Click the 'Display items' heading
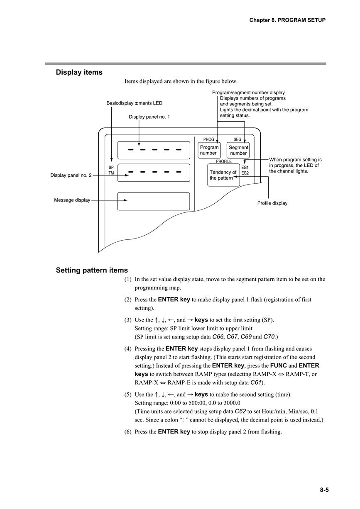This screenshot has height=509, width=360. click(x=79, y=72)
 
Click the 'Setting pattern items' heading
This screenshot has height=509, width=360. click(x=92, y=270)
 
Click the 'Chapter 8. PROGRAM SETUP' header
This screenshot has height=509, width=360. click(x=287, y=20)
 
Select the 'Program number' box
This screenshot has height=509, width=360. click(x=209, y=150)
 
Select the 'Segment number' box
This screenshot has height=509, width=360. click(x=238, y=150)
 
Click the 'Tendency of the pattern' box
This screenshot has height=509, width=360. click(x=223, y=175)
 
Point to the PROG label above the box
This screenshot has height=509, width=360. click(x=208, y=139)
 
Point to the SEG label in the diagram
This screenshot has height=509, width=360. click(x=237, y=139)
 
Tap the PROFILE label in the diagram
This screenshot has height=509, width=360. click(x=224, y=161)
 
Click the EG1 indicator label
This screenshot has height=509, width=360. click(x=245, y=168)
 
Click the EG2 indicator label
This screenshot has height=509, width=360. click(x=245, y=173)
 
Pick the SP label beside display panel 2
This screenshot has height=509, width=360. click(x=111, y=168)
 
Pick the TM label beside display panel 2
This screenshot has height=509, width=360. click(x=111, y=173)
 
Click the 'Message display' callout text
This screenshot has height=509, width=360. click(x=72, y=200)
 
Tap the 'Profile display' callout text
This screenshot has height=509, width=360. click(x=272, y=203)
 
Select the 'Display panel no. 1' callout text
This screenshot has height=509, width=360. click(x=149, y=117)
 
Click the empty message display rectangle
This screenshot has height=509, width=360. click(x=154, y=201)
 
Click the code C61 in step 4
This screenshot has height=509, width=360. click(x=256, y=382)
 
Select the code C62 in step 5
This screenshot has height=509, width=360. click(x=240, y=411)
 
